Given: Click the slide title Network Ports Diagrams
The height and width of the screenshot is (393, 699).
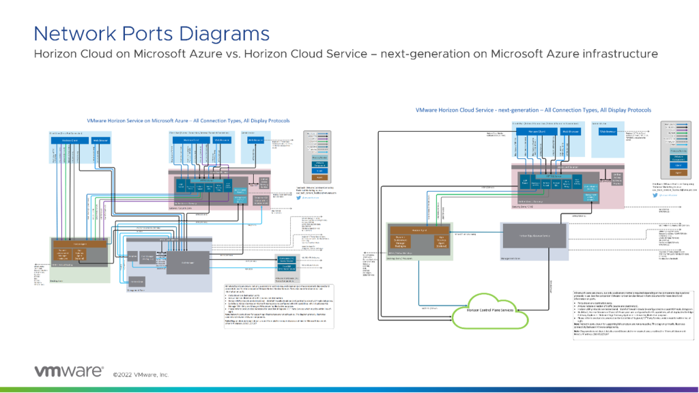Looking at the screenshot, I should [151, 33].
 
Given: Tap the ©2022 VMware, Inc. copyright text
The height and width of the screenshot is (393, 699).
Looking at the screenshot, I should [141, 374].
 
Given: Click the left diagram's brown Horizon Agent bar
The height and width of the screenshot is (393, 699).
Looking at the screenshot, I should [79, 243].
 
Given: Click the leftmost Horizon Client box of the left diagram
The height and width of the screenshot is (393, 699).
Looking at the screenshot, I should [65, 140].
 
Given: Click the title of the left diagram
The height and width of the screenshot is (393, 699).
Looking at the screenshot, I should [188, 120].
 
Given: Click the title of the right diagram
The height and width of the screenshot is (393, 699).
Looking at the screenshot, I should [533, 109].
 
